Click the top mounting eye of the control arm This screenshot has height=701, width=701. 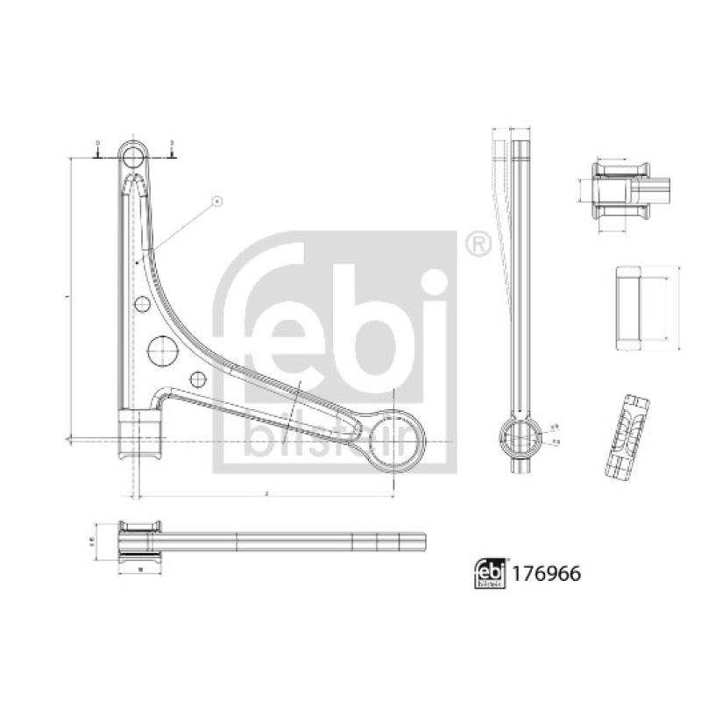pos(132,158)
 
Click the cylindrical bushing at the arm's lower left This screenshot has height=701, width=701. pos(141,435)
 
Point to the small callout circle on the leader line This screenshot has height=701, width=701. pos(216,202)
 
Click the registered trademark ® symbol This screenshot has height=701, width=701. pos(478,244)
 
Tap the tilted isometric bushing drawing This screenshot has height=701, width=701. pos(628,435)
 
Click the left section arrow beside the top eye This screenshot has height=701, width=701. pos(97,150)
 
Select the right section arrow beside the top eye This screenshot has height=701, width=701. pos(173,150)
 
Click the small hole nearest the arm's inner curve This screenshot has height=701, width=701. pos(198,379)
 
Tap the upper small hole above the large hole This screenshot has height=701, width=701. pos(142,304)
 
